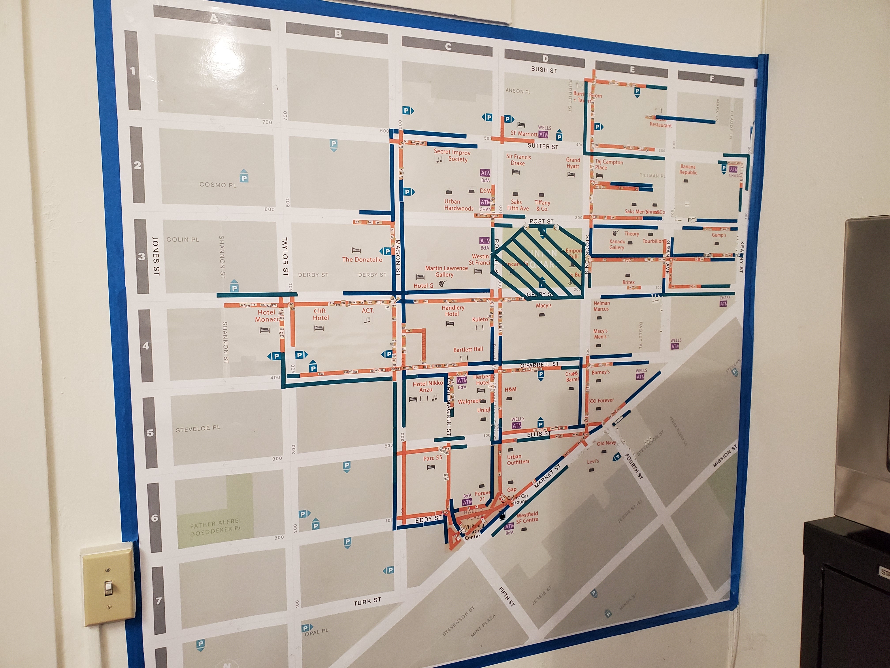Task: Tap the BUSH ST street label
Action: click(x=544, y=70)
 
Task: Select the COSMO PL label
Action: click(x=218, y=185)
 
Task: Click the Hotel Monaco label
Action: click(x=266, y=316)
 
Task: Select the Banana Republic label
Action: click(x=688, y=169)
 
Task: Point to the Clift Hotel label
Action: click(x=321, y=314)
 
